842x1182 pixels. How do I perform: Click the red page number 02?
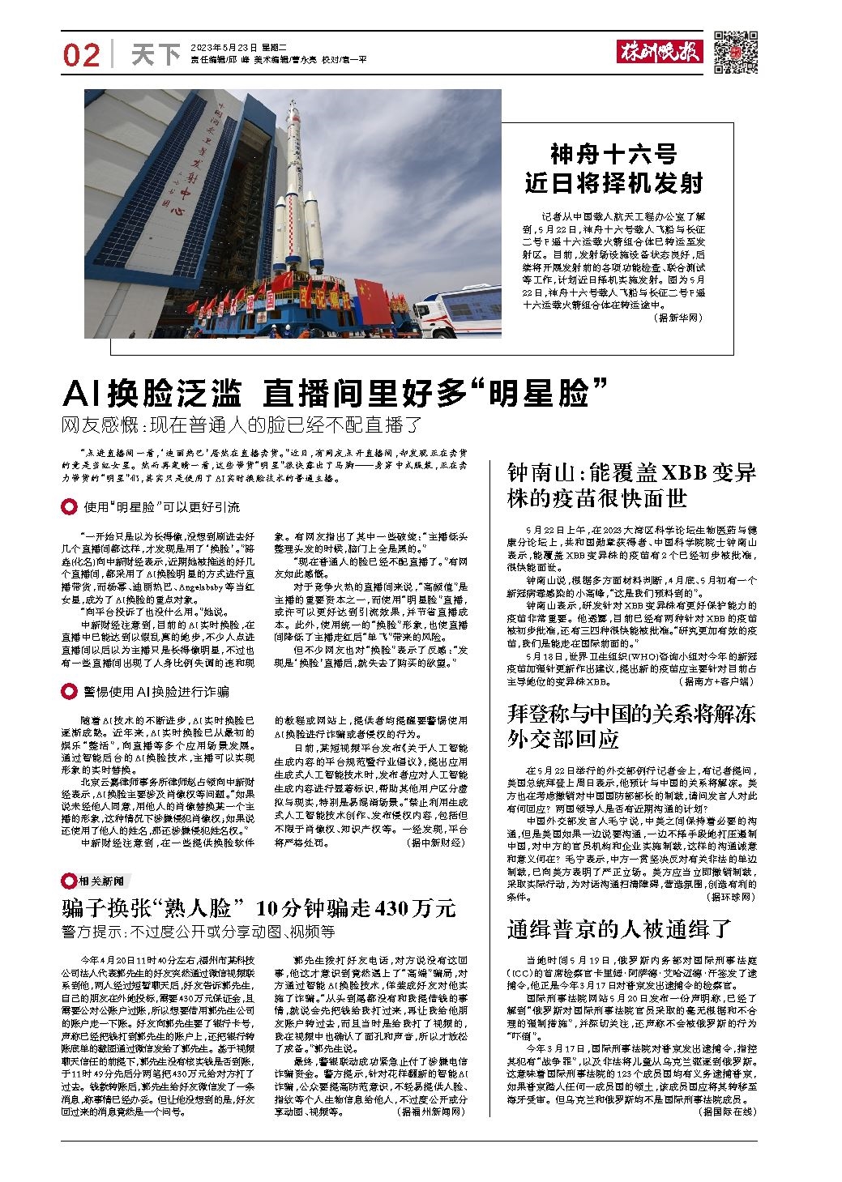click(81, 54)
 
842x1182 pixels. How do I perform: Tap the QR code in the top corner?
click(735, 52)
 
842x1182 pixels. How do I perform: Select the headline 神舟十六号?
click(613, 154)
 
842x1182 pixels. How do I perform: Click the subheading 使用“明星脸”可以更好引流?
click(161, 508)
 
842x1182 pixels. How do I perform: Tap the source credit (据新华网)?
click(677, 318)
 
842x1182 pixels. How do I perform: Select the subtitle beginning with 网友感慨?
click(243, 425)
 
